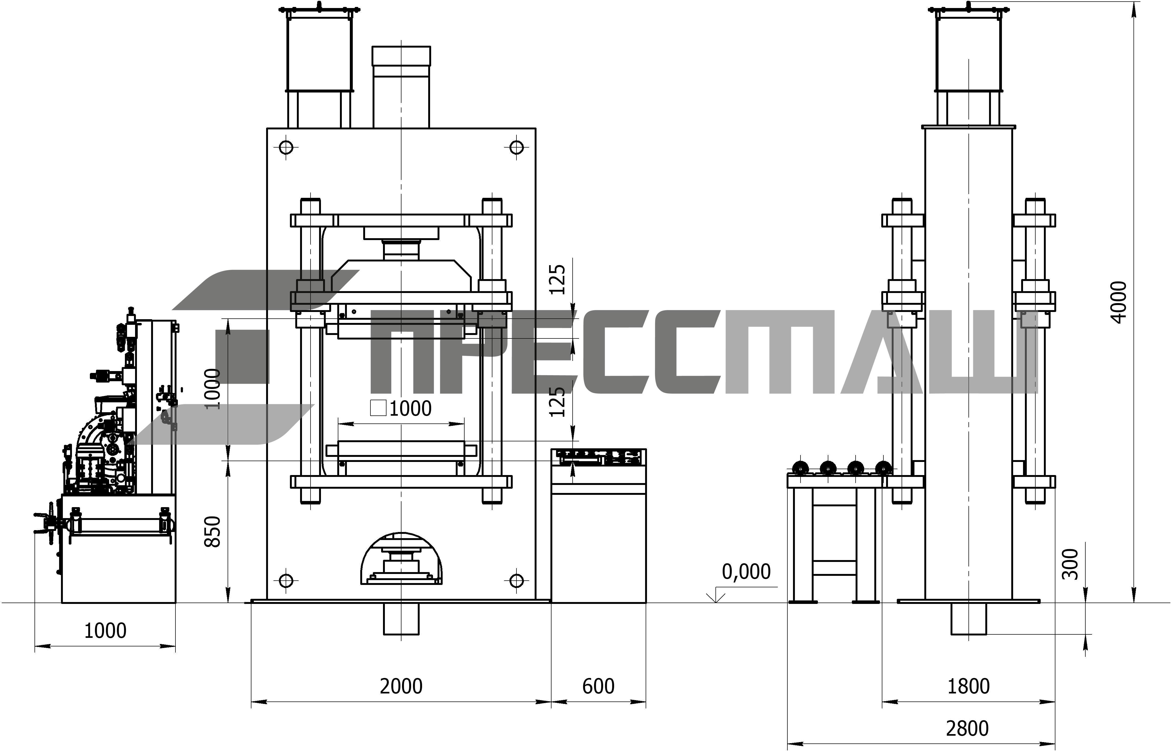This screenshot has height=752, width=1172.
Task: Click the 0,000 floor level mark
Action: (746, 571)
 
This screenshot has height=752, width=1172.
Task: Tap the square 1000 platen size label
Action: (401, 408)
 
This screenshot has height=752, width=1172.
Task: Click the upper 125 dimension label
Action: (557, 279)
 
